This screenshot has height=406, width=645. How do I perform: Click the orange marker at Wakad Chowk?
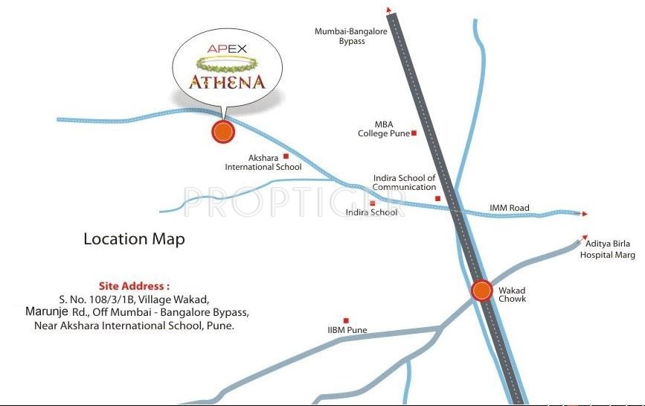pyautogui.click(x=482, y=291)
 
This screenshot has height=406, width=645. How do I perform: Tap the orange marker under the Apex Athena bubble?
pyautogui.click(x=222, y=132)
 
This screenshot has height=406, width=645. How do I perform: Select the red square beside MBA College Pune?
pyautogui.click(x=414, y=133)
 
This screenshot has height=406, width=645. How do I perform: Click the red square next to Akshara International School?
pyautogui.click(x=285, y=156)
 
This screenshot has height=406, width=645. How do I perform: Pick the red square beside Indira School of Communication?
pyautogui.click(x=438, y=198)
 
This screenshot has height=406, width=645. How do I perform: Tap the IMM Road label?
pyautogui.click(x=509, y=208)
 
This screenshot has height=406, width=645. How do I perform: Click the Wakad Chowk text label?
pyautogui.click(x=512, y=294)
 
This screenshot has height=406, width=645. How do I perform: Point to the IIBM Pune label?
pyautogui.click(x=347, y=330)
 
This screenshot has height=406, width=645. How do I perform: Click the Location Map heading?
pyautogui.click(x=134, y=239)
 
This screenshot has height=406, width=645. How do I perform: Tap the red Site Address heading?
pyautogui.click(x=134, y=285)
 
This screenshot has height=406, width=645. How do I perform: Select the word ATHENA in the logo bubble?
pyautogui.click(x=226, y=81)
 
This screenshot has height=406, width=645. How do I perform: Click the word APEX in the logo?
pyautogui.click(x=227, y=50)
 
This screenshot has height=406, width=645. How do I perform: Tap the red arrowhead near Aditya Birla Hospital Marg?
pyautogui.click(x=579, y=241)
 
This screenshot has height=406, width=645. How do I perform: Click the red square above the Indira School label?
pyautogui.click(x=373, y=203)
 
